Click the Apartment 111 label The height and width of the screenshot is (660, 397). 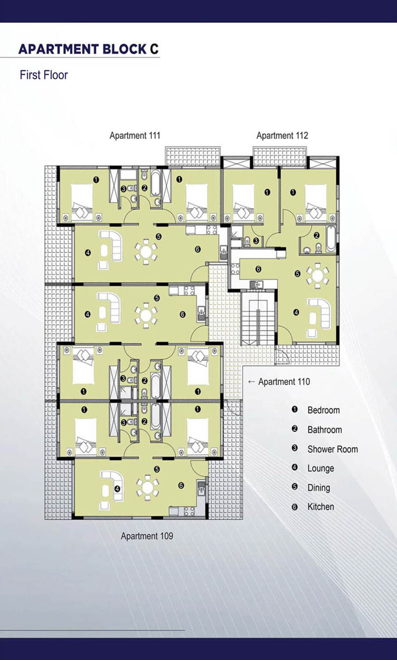135,135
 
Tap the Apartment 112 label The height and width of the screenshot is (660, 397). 282,135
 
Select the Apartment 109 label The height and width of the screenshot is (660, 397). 147,536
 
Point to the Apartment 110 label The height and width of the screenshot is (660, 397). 284,381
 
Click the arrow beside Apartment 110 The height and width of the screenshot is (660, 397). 251,382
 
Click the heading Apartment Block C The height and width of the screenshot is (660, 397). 88,49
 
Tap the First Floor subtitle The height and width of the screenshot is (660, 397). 44,75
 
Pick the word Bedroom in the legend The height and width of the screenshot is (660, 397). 323,410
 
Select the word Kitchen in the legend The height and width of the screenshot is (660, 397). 321,507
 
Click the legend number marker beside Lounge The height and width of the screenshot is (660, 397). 295,467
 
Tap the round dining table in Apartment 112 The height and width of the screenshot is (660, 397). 318,276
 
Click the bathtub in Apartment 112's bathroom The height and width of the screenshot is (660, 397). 331,239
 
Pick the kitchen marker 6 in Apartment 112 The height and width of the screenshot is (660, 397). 258,269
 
